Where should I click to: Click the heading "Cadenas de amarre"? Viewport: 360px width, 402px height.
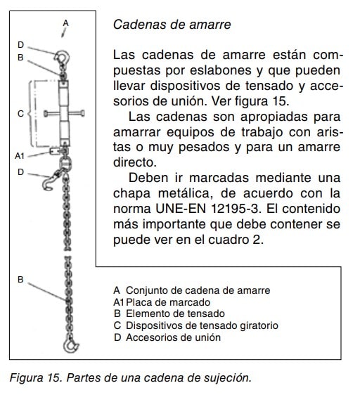[x=172, y=25]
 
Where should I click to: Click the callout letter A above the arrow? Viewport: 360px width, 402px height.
[x=66, y=23]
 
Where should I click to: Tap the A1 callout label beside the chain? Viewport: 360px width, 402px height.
[x=20, y=155]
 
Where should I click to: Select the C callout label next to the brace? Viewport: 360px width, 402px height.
[x=20, y=114]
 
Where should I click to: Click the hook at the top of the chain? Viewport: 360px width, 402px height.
[x=62, y=57]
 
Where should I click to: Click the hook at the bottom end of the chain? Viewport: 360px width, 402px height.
[x=70, y=345]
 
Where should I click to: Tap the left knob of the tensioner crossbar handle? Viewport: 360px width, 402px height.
[x=46, y=113]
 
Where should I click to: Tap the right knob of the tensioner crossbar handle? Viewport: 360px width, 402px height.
[x=82, y=113]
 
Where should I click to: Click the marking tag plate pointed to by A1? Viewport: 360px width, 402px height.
[x=55, y=151]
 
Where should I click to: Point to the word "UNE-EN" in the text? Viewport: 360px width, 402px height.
[x=181, y=209]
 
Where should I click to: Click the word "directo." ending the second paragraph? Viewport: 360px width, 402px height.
[x=134, y=162]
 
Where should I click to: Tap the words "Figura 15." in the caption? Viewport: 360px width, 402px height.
[x=36, y=377]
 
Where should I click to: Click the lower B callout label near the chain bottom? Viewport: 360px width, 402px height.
[x=20, y=280]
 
